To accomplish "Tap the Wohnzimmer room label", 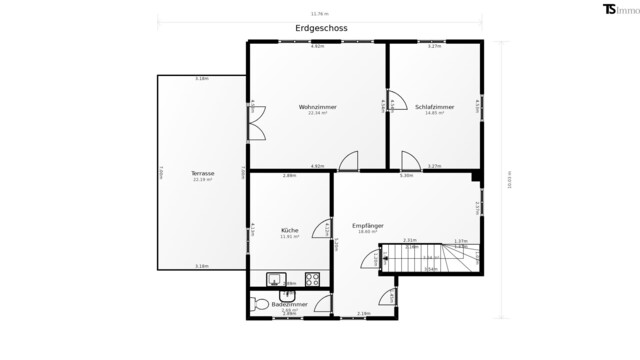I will pos(317,107).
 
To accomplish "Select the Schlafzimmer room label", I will pos(434,107).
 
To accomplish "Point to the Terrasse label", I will pos(203,173).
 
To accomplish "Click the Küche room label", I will pos(290,230).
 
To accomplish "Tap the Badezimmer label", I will pos(288,303).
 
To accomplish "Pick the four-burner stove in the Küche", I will pos(311,280).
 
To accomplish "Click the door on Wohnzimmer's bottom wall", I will pos(349,162).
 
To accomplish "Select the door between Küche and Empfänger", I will pos(322,229).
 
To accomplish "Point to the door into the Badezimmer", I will pos(323,305).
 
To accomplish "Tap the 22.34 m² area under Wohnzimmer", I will pos(317,113).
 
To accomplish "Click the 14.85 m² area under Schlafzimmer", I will pos(434,113).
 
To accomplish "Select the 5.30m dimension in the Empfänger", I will pos(406,176).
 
